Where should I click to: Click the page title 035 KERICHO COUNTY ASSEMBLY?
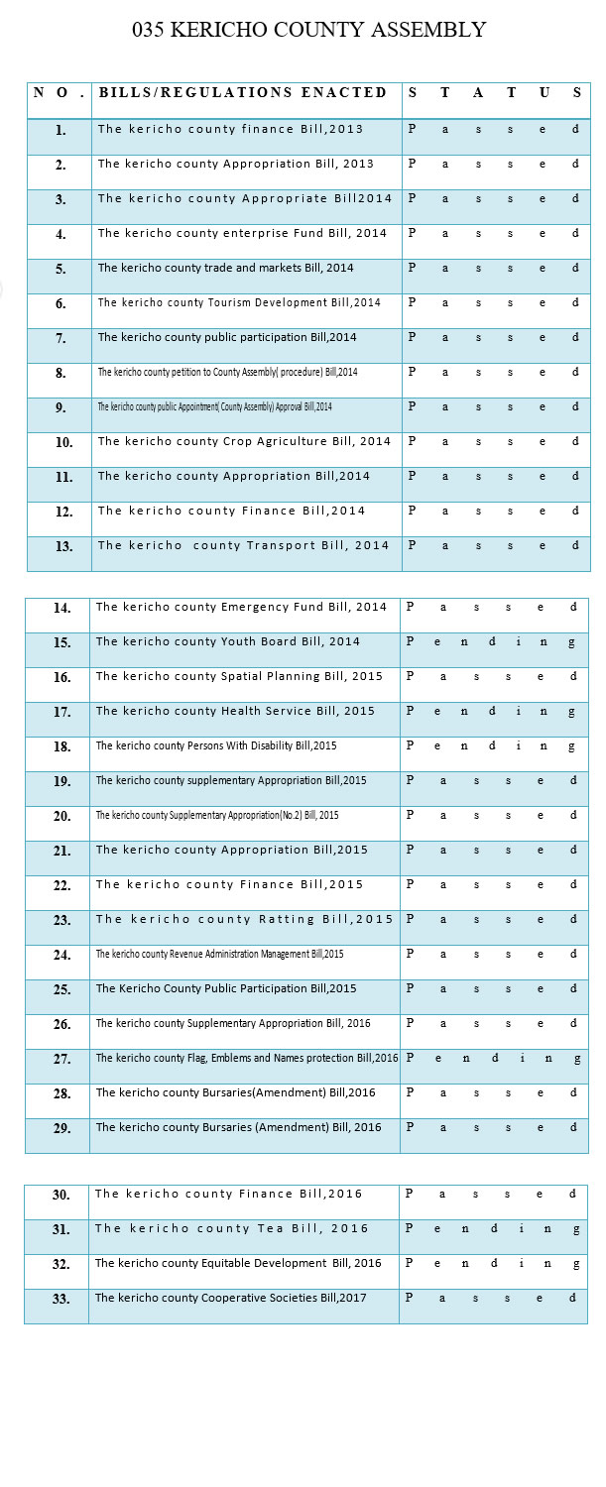coord(308,31)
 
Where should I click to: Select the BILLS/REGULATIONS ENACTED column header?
coord(243,93)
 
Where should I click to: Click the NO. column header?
coord(60,93)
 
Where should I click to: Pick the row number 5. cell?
coord(61,269)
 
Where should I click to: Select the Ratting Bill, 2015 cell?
coord(244,919)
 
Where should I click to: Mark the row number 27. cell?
coord(61,1059)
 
